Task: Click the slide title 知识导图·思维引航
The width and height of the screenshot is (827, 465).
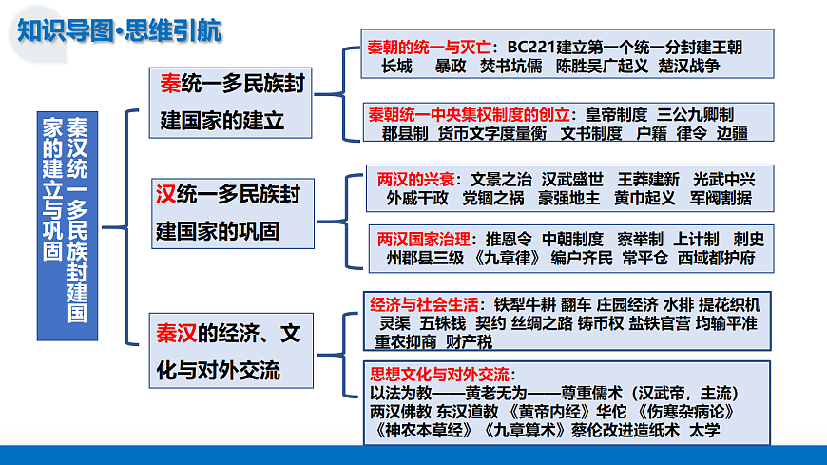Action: pyautogui.click(x=120, y=30)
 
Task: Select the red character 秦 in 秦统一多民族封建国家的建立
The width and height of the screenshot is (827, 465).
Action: pyautogui.click(x=171, y=85)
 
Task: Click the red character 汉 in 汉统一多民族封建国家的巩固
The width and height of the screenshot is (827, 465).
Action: pyautogui.click(x=164, y=195)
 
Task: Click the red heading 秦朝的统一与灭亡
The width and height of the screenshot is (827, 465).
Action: pyautogui.click(x=431, y=47)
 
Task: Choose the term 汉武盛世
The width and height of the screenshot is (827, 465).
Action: pyautogui.click(x=572, y=179)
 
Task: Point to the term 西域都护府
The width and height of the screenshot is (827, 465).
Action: pyautogui.click(x=717, y=258)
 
